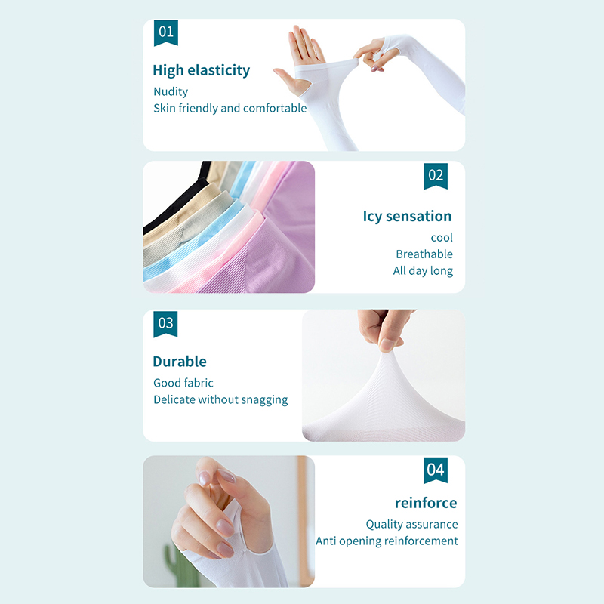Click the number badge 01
point(165,32)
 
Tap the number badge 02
point(436,176)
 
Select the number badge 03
point(165,324)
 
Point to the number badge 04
point(436,470)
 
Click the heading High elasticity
point(201,70)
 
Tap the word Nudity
point(171,91)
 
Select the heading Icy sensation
point(407,217)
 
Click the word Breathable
point(424,254)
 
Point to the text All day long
point(423,271)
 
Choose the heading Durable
point(180,362)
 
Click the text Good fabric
point(183,383)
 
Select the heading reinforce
point(426,503)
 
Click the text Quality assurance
point(411,524)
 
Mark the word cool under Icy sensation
point(442,238)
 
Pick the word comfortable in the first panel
point(275,108)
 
